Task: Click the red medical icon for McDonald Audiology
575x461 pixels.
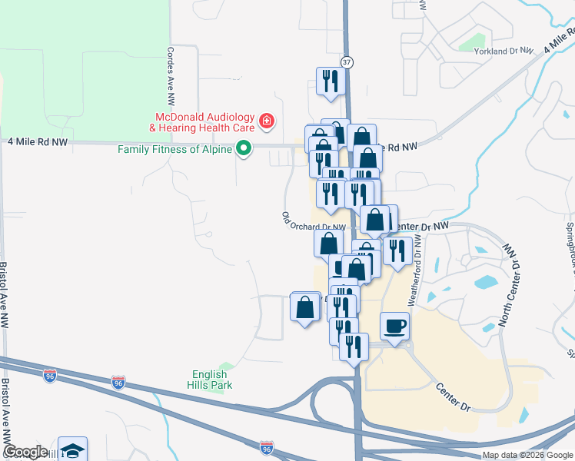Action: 266,121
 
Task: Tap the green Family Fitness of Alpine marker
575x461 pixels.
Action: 244,148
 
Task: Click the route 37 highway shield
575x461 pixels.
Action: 347,61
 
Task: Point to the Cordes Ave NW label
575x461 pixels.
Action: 170,75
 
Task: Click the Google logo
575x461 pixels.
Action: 25,453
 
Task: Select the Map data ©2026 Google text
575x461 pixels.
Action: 527,455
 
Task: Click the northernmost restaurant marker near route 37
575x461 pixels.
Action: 331,81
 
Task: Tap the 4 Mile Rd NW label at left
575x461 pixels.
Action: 37,142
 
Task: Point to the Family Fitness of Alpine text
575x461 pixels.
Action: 174,149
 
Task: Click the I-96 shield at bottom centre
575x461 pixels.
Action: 266,446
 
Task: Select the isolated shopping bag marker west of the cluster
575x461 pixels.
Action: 305,307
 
